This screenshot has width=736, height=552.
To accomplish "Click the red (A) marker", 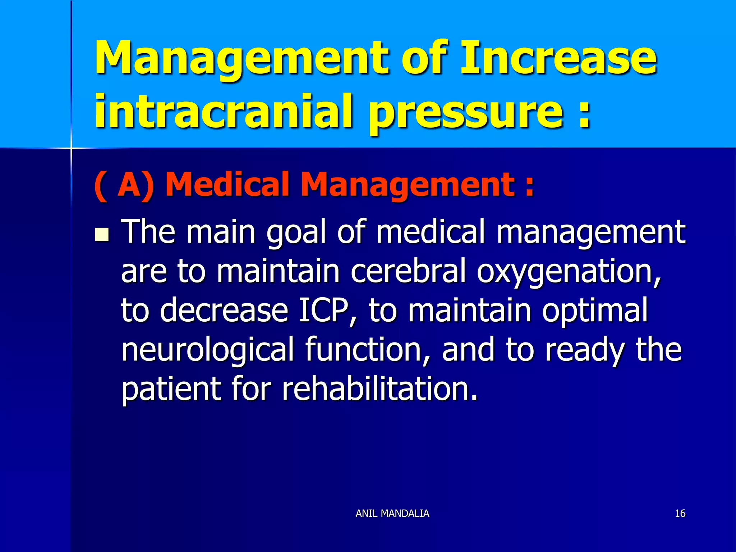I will pyautogui.click(x=124, y=185).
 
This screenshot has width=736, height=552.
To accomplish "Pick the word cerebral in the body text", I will pyautogui.click(x=408, y=271).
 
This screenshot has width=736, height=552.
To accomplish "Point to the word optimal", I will pyautogui.click(x=595, y=310).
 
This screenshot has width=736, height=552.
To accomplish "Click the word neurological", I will pyautogui.click(x=208, y=350).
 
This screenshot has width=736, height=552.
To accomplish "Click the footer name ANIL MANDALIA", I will pyautogui.click(x=392, y=513).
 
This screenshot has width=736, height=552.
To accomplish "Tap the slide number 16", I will pyautogui.click(x=680, y=513).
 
